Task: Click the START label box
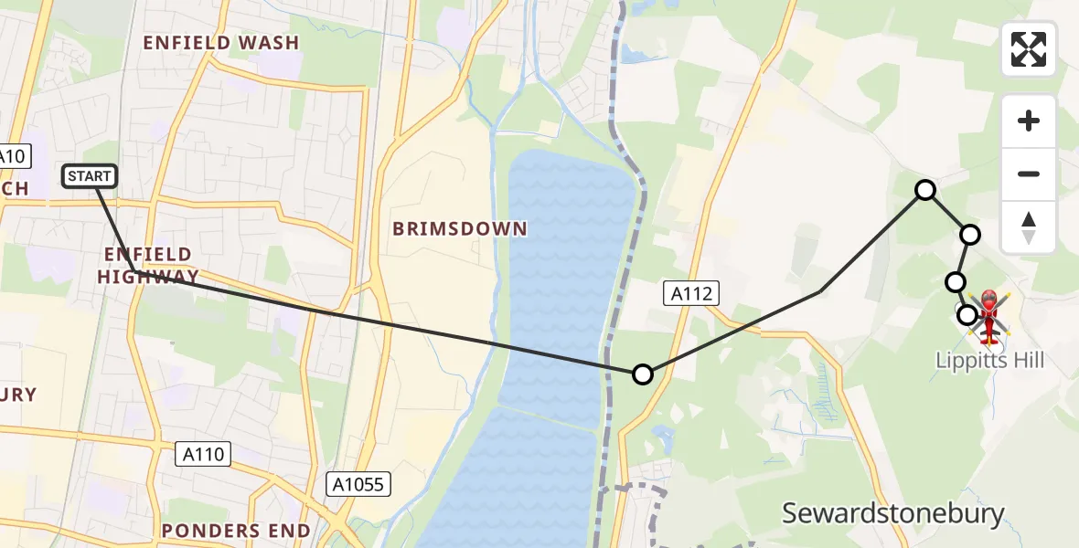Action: tap(90, 175)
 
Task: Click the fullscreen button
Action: tap(1029, 49)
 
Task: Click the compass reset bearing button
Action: tap(1029, 227)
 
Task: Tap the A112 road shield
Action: tap(690, 293)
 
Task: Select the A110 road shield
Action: tap(203, 454)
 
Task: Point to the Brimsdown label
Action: tap(460, 228)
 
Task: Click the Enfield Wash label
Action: tap(221, 43)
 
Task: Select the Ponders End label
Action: tap(236, 531)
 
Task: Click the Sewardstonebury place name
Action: tap(892, 513)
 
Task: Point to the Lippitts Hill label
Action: tap(989, 361)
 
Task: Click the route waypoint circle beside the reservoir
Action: tap(643, 374)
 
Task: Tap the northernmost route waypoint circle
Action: tap(925, 190)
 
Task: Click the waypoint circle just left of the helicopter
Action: tap(967, 315)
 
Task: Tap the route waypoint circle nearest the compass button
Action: tap(970, 235)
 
